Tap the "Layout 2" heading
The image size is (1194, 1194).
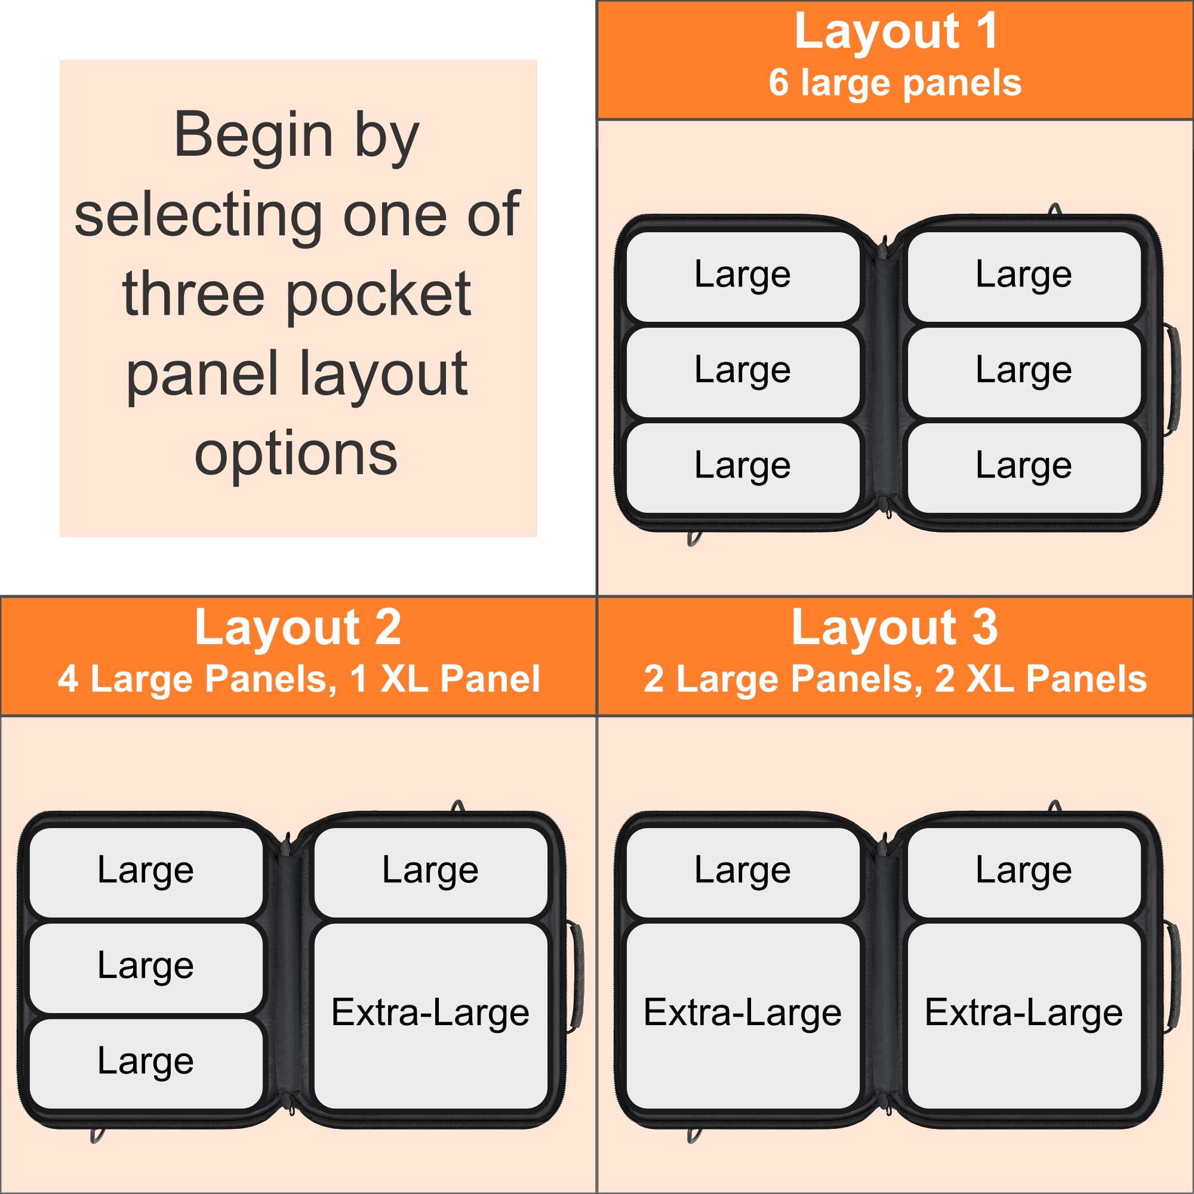(298, 627)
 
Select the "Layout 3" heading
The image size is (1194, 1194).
(895, 627)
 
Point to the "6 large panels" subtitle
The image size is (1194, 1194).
(895, 84)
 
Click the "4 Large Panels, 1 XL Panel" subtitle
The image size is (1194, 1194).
(298, 679)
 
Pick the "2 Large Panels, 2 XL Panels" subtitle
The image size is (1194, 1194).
(895, 679)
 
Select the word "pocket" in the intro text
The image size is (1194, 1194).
(379, 296)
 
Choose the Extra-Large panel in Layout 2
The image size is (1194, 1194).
(431, 1016)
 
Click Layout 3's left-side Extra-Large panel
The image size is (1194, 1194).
(743, 1016)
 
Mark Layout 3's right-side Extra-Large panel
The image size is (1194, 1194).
(1024, 1016)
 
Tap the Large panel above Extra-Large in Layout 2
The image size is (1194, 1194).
(431, 872)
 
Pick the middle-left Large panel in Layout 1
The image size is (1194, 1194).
(743, 372)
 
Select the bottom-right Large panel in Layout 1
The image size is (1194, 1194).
(1024, 468)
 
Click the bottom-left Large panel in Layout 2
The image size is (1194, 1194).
(146, 1064)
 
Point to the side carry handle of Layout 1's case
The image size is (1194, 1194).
(1173, 380)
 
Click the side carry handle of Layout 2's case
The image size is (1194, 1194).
(576, 977)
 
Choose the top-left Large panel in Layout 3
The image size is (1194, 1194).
(743, 872)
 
